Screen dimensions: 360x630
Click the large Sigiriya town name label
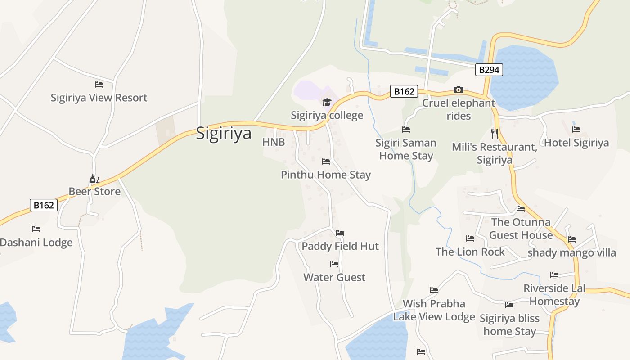224,134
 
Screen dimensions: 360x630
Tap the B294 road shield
489,70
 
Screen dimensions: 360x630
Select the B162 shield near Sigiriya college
404,91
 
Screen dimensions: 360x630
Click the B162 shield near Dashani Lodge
44,205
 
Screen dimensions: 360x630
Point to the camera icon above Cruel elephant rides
459,90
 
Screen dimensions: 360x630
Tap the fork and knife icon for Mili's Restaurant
495,133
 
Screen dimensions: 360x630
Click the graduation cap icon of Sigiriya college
327,103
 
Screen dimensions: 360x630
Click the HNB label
274,142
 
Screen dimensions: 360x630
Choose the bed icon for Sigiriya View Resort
99,85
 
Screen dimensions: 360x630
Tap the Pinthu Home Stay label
326,175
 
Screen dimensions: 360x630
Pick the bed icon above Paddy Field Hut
340,233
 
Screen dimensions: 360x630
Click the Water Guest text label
334,277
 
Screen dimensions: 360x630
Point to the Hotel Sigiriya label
576,143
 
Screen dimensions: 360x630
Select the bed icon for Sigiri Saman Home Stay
406,130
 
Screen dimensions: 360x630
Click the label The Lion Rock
470,252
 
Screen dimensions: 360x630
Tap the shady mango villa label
571,252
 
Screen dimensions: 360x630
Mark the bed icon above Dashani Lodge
36,229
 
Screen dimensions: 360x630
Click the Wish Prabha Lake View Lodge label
434,310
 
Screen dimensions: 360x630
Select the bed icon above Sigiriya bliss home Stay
509,305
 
